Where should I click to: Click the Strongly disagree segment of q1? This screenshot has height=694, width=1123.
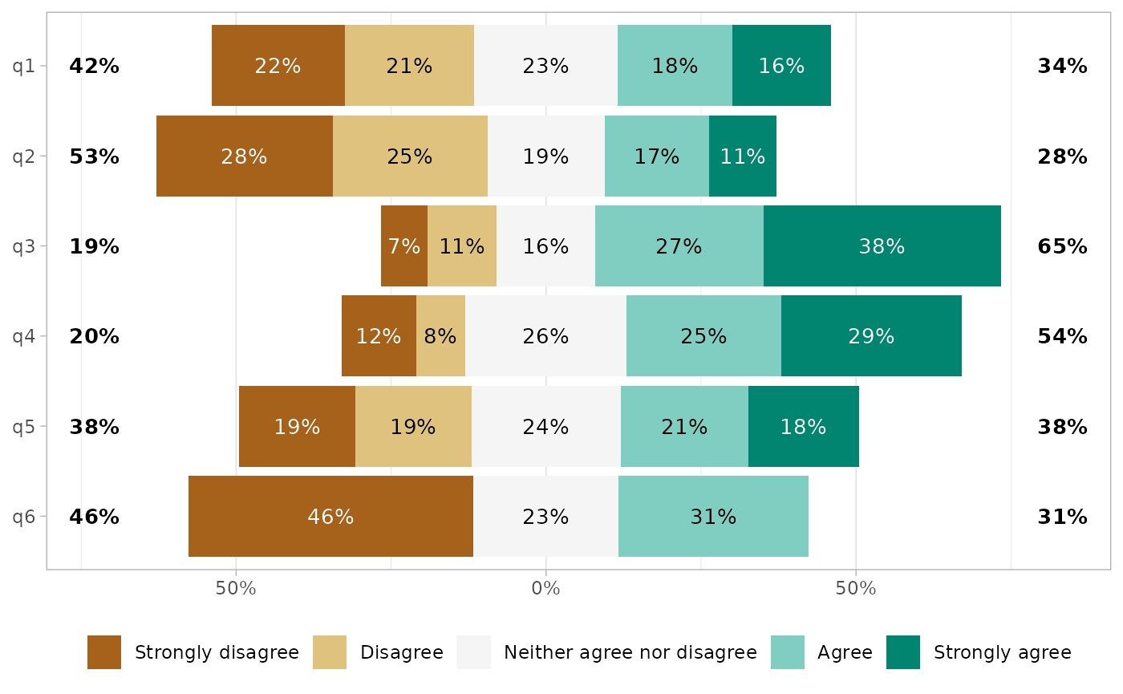click(278, 66)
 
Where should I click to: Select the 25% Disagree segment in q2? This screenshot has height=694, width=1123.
click(410, 156)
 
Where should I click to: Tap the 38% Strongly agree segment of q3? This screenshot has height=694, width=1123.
click(882, 246)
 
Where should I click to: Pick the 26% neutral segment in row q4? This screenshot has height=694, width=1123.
click(545, 336)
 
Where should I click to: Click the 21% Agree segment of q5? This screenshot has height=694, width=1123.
click(684, 427)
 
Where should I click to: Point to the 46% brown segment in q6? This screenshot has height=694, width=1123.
click(330, 517)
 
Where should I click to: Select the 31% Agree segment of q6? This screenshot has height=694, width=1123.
click(713, 517)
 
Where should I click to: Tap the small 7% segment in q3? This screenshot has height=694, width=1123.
click(404, 246)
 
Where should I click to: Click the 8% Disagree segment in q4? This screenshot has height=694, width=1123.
click(440, 336)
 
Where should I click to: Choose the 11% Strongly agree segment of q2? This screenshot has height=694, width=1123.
click(742, 156)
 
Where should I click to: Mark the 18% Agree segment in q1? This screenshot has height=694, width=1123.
click(675, 66)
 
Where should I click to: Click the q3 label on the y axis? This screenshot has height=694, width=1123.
click(24, 246)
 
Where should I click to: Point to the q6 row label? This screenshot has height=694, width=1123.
click(24, 517)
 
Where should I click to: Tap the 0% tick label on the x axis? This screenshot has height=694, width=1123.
click(545, 588)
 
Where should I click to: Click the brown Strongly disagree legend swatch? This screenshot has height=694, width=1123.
click(104, 652)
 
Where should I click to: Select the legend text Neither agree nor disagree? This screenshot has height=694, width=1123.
click(630, 652)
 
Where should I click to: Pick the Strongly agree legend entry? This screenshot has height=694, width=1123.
click(1002, 652)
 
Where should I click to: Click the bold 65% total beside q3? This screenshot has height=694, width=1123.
click(1062, 246)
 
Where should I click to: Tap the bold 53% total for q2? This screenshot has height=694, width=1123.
click(94, 156)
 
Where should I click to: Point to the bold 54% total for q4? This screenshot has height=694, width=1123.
click(1062, 336)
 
